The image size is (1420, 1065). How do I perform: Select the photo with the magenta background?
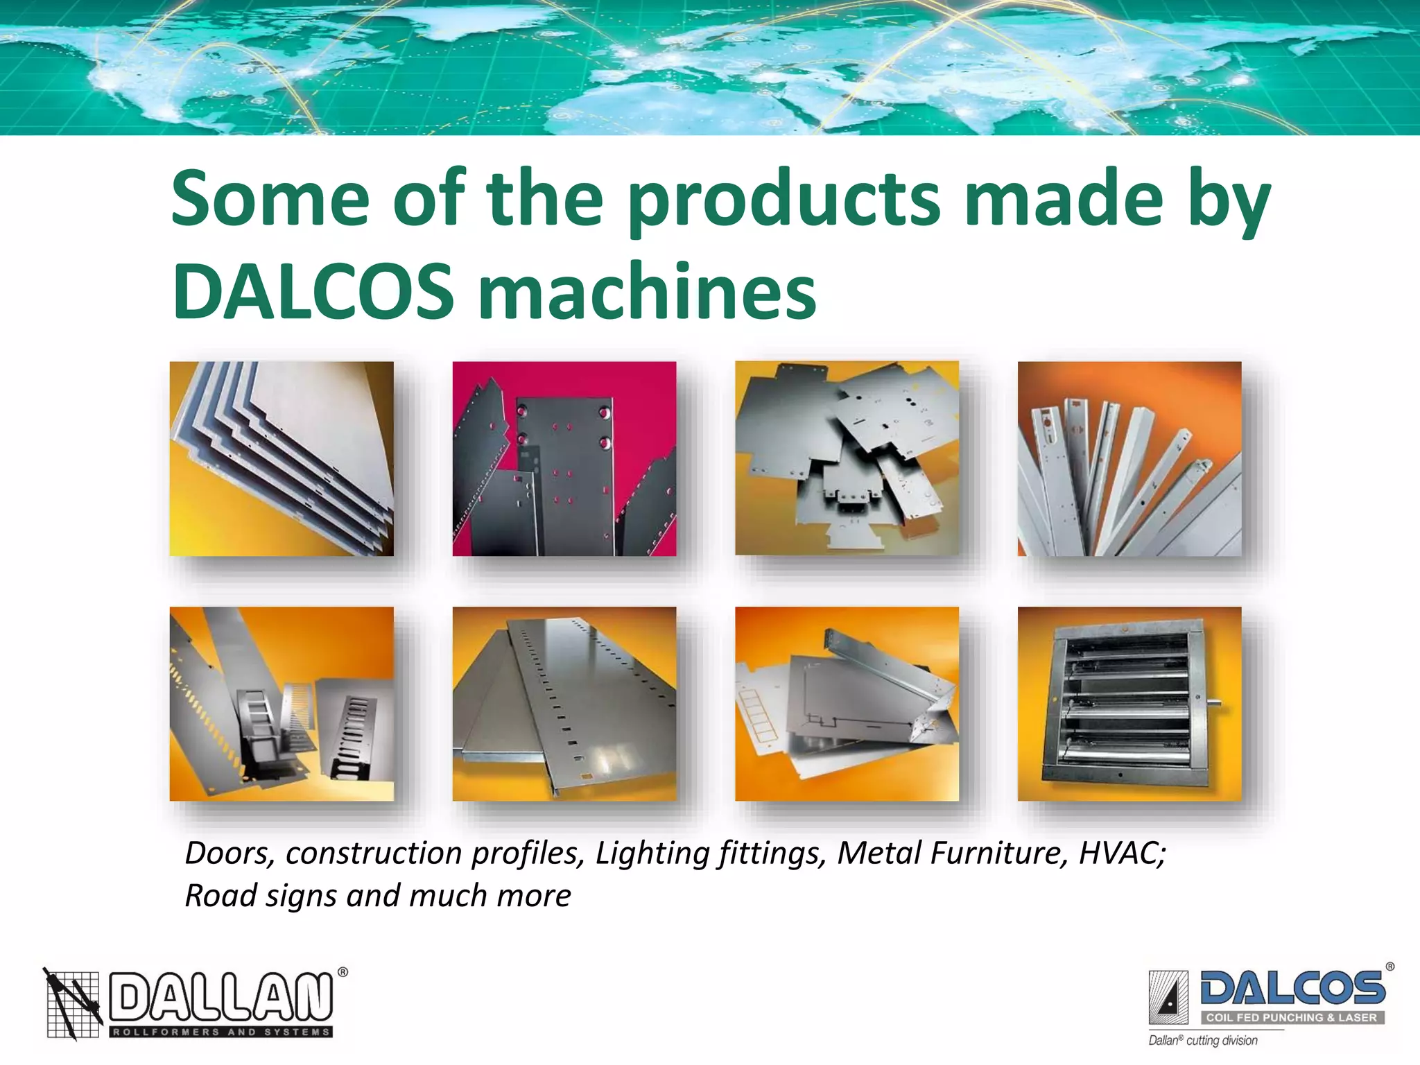[564, 458]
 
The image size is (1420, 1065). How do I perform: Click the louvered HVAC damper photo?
[1129, 704]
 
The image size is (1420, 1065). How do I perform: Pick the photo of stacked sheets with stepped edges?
[282, 458]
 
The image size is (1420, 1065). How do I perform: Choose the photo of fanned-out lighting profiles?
[1129, 458]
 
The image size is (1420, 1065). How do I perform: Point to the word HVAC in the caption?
[1121, 853]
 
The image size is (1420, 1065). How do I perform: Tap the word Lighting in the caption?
[651, 853]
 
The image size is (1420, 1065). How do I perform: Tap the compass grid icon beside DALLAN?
[73, 1003]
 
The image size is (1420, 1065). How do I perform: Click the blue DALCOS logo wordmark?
[1292, 988]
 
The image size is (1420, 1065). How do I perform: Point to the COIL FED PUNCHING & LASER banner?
[1292, 1018]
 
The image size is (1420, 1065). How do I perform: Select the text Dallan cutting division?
[1203, 1040]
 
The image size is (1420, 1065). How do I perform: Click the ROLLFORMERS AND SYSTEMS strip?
[220, 1032]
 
